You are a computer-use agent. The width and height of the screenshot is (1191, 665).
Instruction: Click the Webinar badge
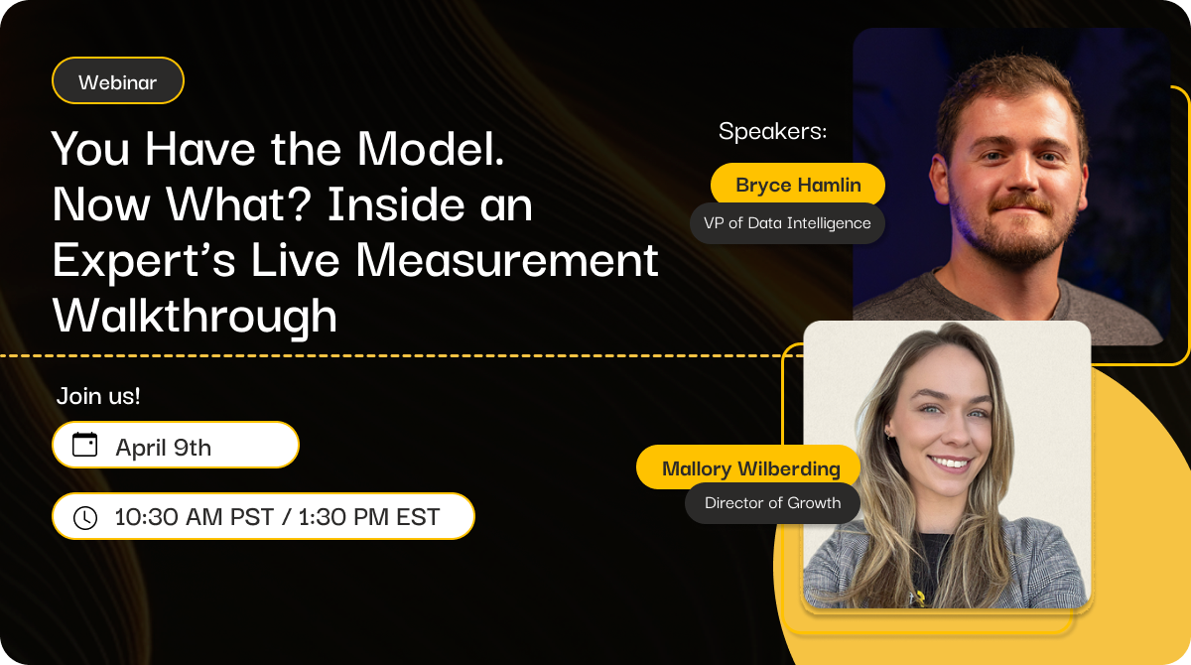click(117, 80)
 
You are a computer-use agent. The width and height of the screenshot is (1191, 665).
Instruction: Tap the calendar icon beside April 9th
click(84, 445)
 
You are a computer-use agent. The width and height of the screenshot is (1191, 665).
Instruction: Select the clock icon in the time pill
click(85, 517)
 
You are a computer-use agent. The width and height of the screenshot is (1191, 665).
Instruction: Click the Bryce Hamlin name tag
click(798, 185)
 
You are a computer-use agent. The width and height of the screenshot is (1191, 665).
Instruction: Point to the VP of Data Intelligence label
click(787, 223)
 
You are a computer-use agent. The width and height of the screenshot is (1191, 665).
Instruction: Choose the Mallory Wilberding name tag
click(748, 468)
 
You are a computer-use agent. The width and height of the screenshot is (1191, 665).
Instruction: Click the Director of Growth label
click(772, 503)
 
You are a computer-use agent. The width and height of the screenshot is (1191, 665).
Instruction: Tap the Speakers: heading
click(772, 131)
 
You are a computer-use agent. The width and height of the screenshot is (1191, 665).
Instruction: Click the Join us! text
click(98, 396)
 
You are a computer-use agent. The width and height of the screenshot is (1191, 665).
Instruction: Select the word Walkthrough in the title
click(195, 316)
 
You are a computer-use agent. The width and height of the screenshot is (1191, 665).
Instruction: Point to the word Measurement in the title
click(507, 260)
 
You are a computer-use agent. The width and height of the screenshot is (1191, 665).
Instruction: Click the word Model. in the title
click(430, 149)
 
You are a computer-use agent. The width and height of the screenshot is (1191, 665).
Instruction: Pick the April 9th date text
click(163, 448)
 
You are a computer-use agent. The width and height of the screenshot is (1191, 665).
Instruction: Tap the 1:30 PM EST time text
click(369, 517)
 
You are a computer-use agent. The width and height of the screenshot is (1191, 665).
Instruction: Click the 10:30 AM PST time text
click(195, 517)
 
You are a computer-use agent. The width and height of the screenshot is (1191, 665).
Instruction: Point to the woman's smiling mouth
click(950, 463)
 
